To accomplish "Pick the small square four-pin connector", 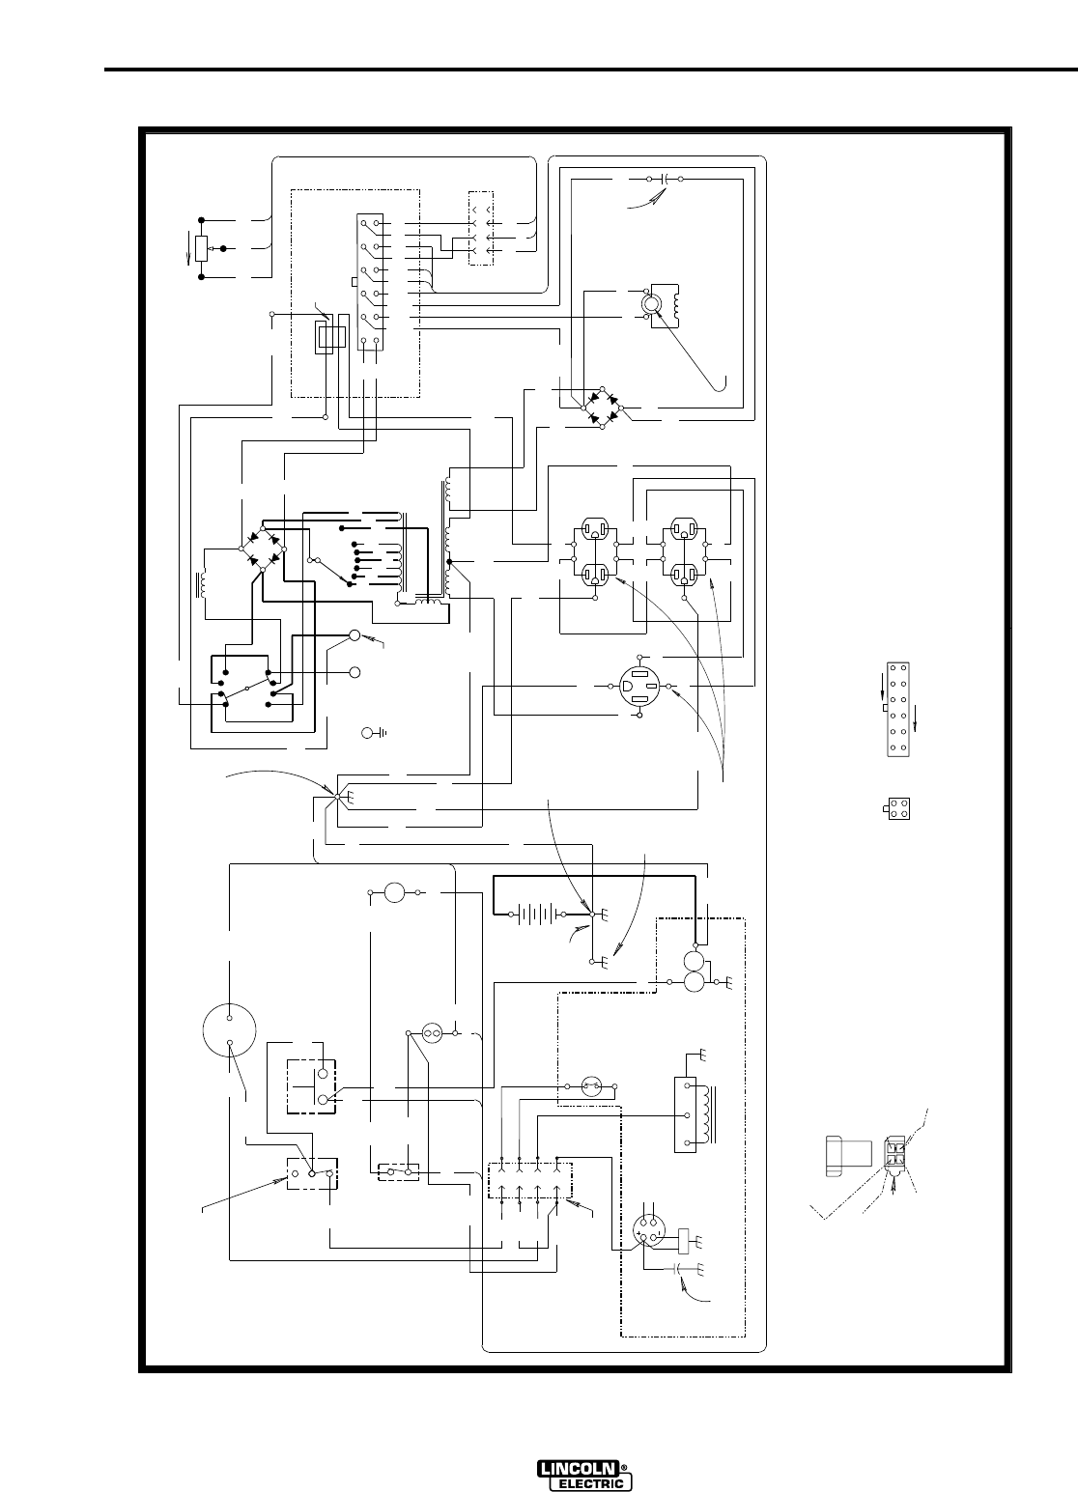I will [x=898, y=810].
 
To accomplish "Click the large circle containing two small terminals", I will [x=230, y=1029].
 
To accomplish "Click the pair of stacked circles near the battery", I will [x=695, y=972].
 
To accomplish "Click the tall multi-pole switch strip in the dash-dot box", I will [x=369, y=281].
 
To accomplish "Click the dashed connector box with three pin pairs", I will [x=480, y=229].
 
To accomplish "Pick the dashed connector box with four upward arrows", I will [x=529, y=1181].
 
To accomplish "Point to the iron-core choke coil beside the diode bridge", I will [x=204, y=584].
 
